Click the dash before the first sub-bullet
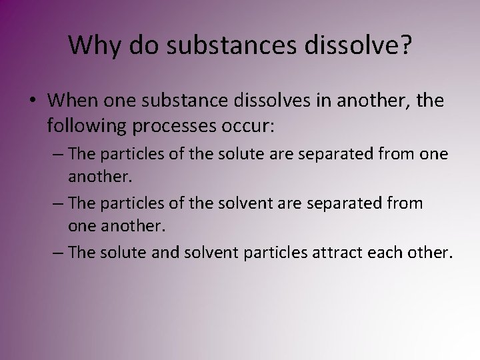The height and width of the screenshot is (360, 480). (x=59, y=154)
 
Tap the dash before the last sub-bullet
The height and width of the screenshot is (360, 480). (x=59, y=253)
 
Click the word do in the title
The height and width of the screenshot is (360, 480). (x=143, y=45)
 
